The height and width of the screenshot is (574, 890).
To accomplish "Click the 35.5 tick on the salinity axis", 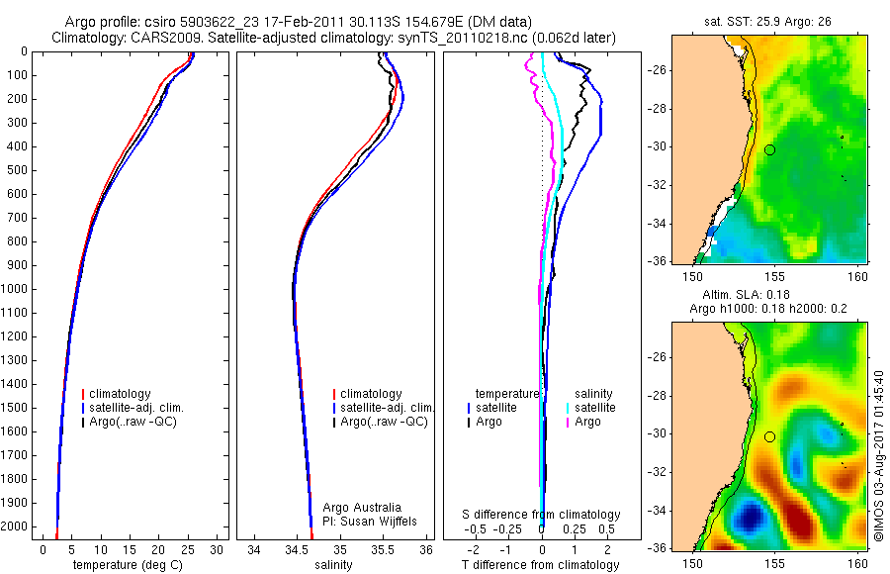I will coord(384,549).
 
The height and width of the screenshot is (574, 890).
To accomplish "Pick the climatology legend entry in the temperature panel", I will coord(128,394).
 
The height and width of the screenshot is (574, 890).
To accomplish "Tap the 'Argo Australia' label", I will coord(362,508).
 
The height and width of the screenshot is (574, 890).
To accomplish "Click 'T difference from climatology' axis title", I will coord(541,565).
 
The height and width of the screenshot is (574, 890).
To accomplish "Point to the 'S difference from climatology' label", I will coord(541,515).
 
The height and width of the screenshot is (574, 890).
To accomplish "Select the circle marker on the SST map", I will coord(769,149).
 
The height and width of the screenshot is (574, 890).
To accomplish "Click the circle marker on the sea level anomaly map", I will coord(769,436).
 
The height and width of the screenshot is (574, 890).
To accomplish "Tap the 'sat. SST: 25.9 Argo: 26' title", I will coord(770,21).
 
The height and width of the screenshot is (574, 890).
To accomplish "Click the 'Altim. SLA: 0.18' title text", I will coord(769,294).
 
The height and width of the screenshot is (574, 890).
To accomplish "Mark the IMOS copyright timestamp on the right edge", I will coord(878,456).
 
